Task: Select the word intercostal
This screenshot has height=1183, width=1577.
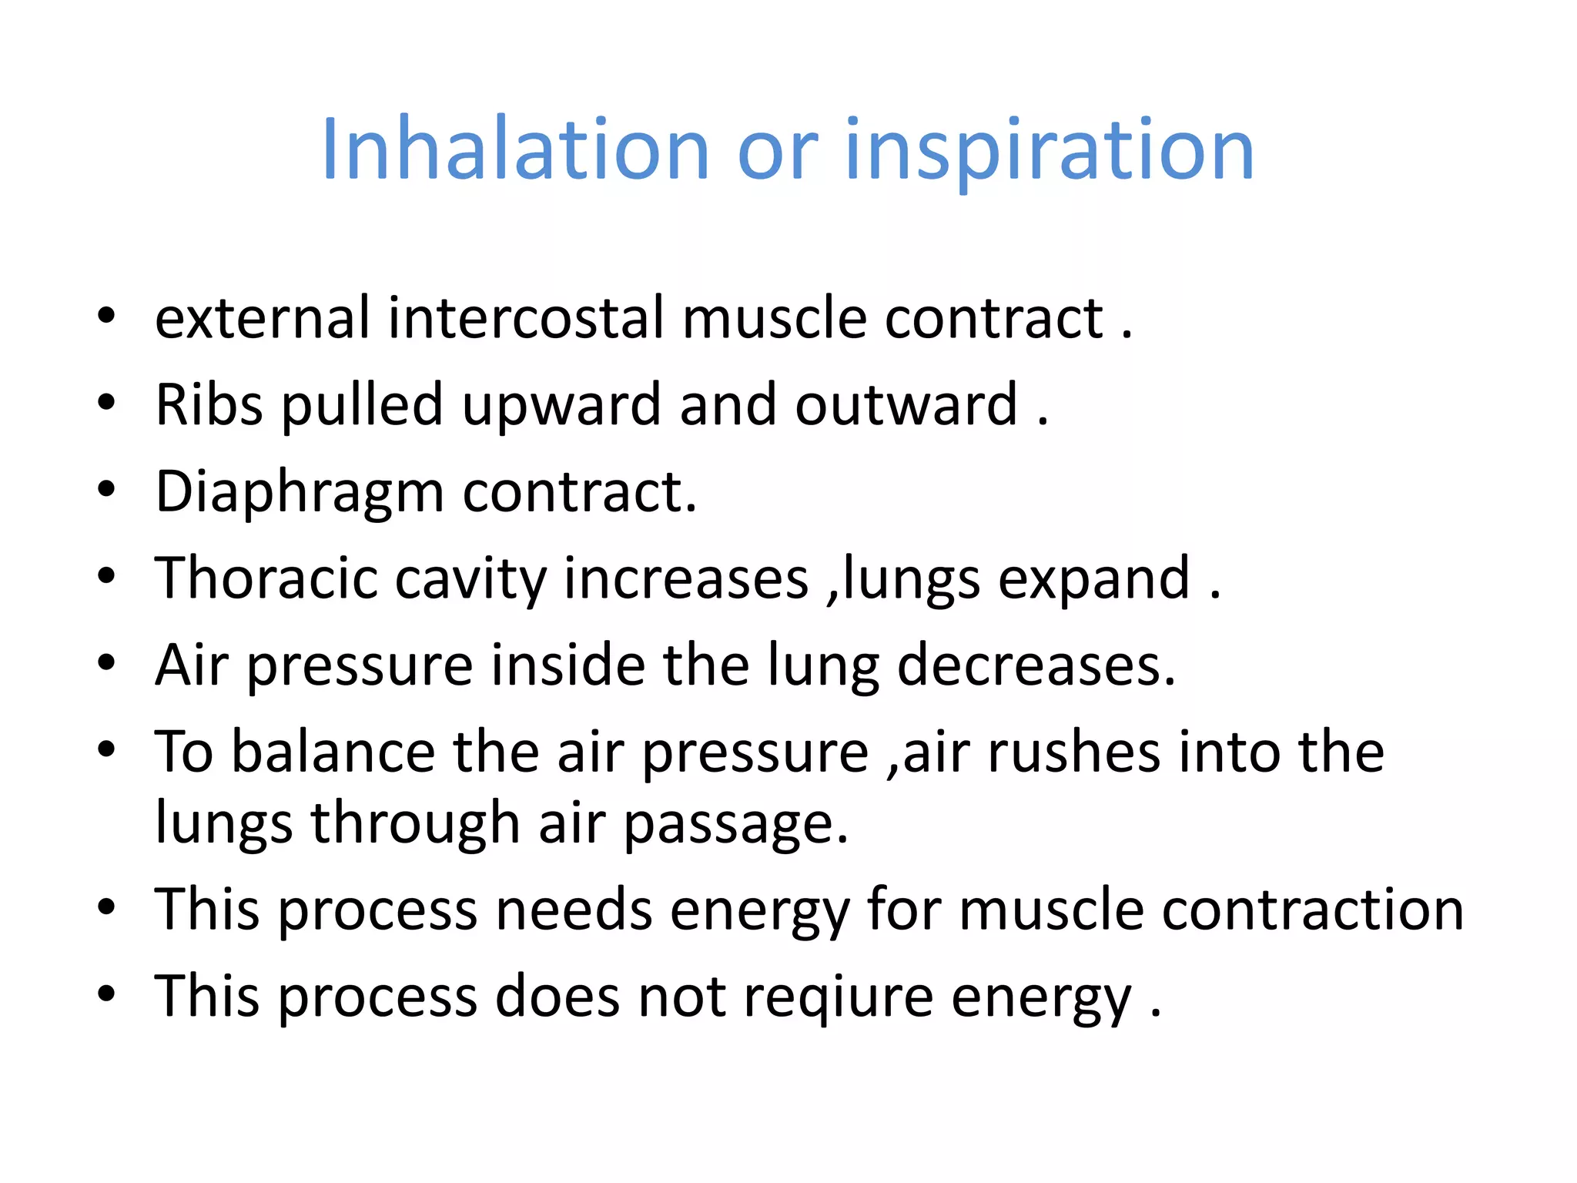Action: pyautogui.click(x=525, y=317)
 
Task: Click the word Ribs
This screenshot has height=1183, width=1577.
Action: pyautogui.click(x=209, y=404)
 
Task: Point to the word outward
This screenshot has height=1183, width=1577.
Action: pyautogui.click(x=906, y=404)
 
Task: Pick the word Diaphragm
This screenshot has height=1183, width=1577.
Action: pyautogui.click(x=300, y=492)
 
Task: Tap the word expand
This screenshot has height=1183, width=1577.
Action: pyautogui.click(x=1094, y=579)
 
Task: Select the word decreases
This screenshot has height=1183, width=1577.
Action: pyautogui.click(x=1036, y=665)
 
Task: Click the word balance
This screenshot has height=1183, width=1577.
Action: pyautogui.click(x=333, y=752)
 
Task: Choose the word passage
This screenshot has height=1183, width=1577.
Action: pyautogui.click(x=735, y=823)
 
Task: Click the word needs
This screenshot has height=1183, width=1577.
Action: pyautogui.click(x=574, y=910)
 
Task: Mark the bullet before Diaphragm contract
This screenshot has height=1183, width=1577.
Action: pyautogui.click(x=106, y=488)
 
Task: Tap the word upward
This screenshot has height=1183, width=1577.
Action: pyautogui.click(x=561, y=406)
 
